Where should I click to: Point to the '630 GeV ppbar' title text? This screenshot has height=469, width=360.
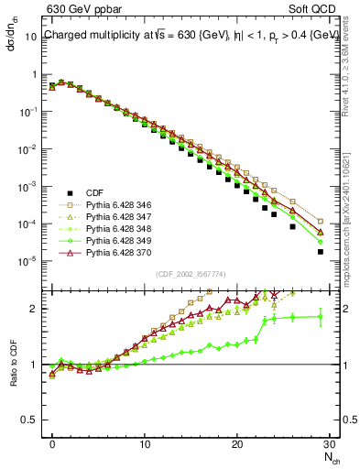[x=80, y=10]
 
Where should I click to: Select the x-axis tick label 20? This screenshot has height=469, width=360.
[x=237, y=444]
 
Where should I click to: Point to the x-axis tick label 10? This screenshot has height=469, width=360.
[x=145, y=444]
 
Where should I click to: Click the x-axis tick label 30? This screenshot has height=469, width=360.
[x=330, y=444]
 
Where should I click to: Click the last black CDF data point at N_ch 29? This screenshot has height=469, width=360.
[x=321, y=252]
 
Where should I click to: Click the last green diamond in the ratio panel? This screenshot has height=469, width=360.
[x=321, y=317]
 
